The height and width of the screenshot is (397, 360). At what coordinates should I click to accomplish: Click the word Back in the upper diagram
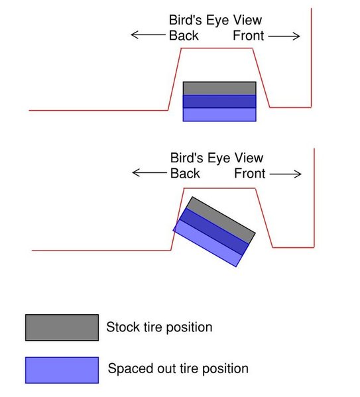click(x=184, y=35)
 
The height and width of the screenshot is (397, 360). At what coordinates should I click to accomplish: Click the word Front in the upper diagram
click(x=248, y=35)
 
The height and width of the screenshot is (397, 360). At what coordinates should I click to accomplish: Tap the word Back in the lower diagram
click(x=185, y=174)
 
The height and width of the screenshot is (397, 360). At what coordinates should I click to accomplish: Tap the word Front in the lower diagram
click(x=250, y=174)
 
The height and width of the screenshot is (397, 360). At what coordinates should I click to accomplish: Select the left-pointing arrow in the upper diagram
click(x=149, y=34)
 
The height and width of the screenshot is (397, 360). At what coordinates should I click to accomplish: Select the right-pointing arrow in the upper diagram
click(x=284, y=36)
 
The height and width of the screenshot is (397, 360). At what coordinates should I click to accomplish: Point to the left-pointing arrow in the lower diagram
click(x=149, y=173)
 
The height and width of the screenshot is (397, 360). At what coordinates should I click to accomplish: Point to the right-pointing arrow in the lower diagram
click(x=286, y=174)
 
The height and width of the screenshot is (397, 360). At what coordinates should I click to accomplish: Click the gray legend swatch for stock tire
click(x=62, y=327)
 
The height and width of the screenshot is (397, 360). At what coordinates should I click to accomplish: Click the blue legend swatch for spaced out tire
click(x=62, y=370)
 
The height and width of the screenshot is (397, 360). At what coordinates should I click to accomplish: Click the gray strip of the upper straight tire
click(x=219, y=88)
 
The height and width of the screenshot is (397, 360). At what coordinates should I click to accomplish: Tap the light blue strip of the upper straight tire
click(x=219, y=115)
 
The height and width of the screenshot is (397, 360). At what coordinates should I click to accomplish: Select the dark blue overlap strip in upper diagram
click(x=219, y=101)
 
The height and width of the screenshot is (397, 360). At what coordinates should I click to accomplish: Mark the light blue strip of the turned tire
click(x=208, y=243)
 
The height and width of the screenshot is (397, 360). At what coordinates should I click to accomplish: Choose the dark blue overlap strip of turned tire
click(x=214, y=231)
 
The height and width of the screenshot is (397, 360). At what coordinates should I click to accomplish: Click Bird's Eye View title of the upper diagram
click(x=215, y=20)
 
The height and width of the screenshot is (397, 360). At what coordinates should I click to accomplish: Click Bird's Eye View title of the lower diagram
click(x=217, y=158)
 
